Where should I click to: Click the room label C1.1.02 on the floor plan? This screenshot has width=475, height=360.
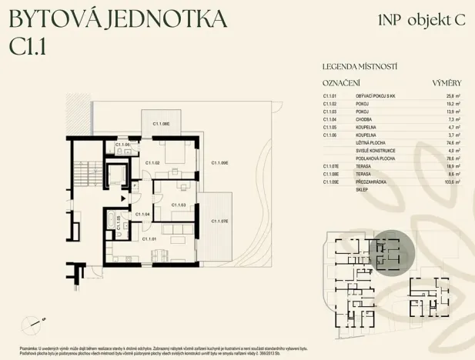[x=152, y=163]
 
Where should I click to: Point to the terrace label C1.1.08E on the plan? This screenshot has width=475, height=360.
[x=160, y=123]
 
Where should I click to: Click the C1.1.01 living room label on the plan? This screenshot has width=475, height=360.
[x=149, y=239]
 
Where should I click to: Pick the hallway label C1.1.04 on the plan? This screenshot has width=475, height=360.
[x=142, y=214]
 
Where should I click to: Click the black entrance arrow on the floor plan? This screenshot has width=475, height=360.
[x=134, y=185]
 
